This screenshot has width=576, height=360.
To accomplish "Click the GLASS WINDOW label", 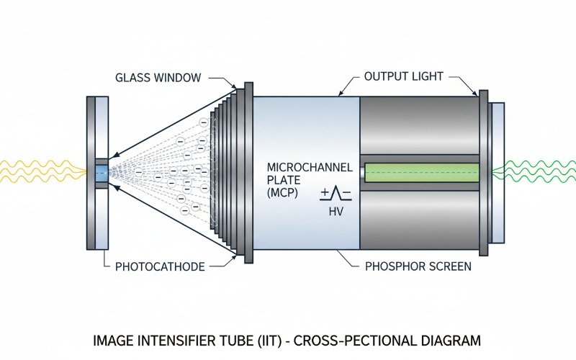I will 158,77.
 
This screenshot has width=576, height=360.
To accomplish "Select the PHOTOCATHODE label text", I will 160,266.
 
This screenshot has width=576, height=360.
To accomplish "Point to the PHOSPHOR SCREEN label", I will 418,266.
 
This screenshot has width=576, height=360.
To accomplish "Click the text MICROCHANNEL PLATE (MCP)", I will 310,179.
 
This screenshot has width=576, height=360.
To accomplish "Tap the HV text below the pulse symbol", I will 336,212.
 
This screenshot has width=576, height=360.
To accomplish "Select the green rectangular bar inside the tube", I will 421,173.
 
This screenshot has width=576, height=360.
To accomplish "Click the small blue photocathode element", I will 101,172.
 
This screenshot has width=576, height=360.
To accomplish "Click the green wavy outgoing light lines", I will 536,172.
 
